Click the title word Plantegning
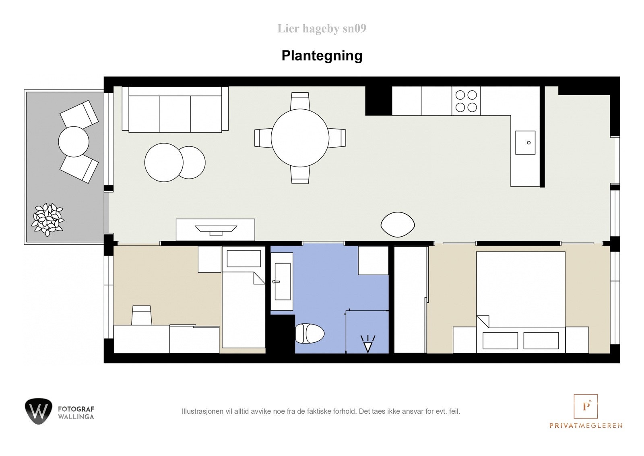322,56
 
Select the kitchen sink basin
525,143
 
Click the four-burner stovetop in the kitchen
466,101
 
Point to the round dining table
300,138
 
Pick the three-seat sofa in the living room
175,110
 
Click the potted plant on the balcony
47,219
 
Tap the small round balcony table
74,142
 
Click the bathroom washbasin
282,281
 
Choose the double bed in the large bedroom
520,302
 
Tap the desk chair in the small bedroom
141,315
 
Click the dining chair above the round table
300,101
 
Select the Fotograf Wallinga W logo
38,411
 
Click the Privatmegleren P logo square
586,406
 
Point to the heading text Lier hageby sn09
322,29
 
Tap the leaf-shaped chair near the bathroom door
397,225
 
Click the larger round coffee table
164,162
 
